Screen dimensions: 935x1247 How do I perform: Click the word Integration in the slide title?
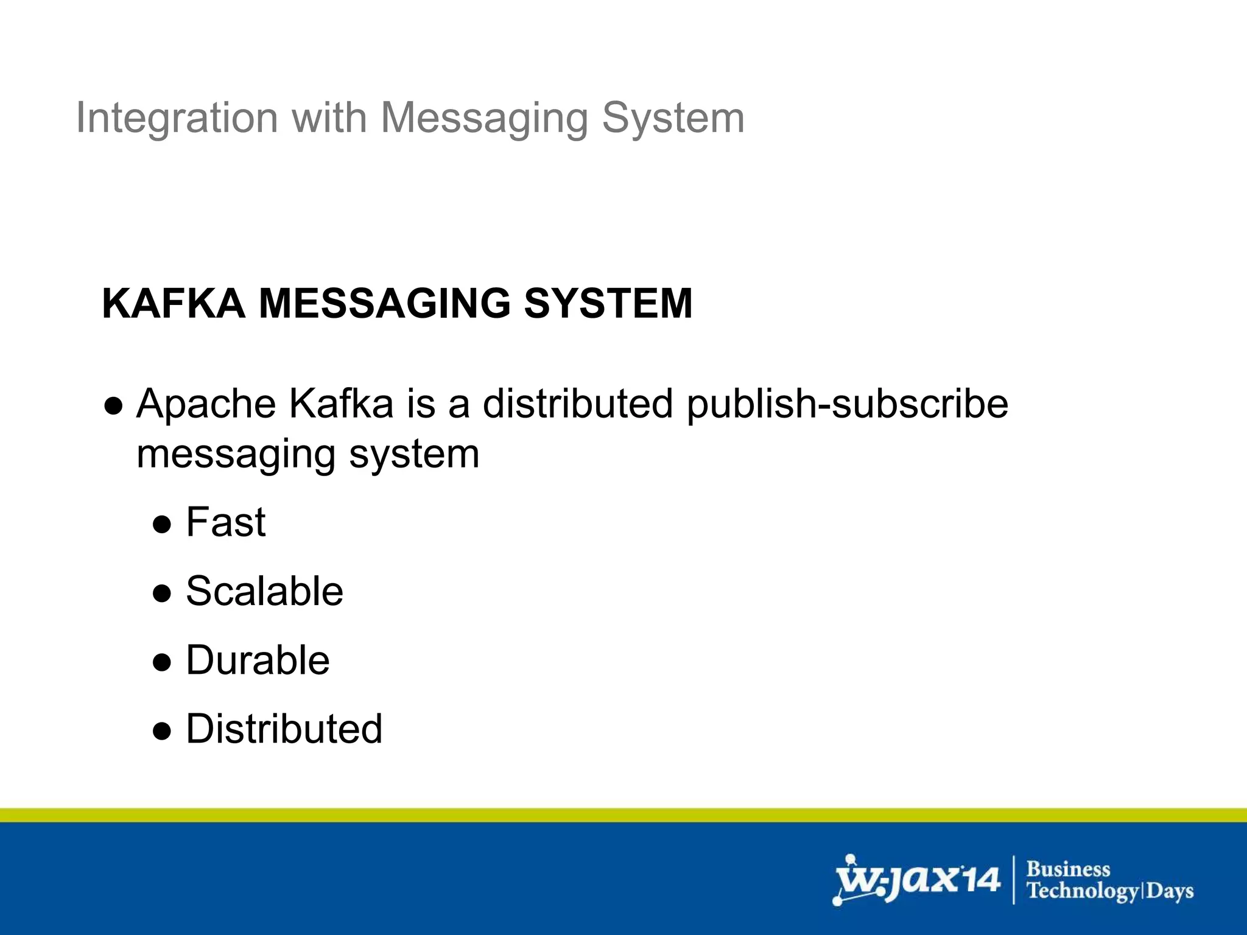pos(177,117)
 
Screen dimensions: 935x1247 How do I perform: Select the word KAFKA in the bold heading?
pos(174,303)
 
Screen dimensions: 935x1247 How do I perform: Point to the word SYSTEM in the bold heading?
pos(608,303)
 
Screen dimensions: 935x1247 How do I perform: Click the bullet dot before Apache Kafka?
pos(114,406)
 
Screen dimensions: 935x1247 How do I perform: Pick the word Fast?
pos(226,522)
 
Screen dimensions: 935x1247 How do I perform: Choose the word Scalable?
pos(264,591)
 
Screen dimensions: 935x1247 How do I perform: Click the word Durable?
pos(258,660)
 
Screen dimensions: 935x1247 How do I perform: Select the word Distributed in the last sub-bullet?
pos(284,729)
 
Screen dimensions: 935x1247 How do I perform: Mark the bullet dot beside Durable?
pos(162,662)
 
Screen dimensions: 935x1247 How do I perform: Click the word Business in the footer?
pos(1069,869)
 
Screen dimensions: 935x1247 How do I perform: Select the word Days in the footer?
pos(1170,891)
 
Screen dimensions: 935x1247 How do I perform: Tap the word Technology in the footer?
pos(1082,891)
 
